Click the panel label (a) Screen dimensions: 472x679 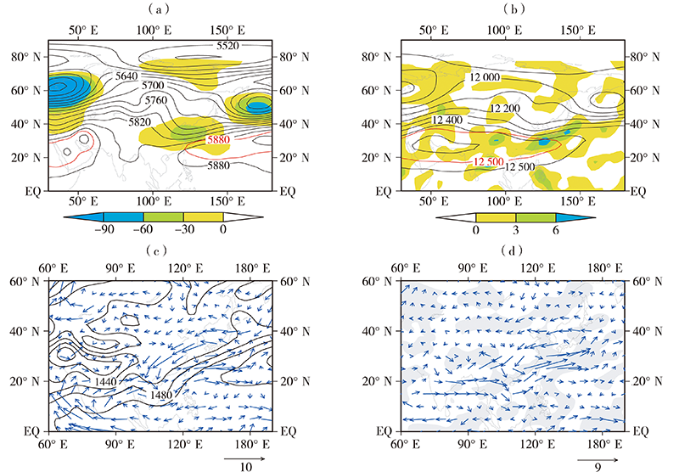coord(162,9)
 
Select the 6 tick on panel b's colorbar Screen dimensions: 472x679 coord(557,229)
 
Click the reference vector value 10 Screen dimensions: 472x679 coord(244,465)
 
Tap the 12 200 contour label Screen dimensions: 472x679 coord(506,109)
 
